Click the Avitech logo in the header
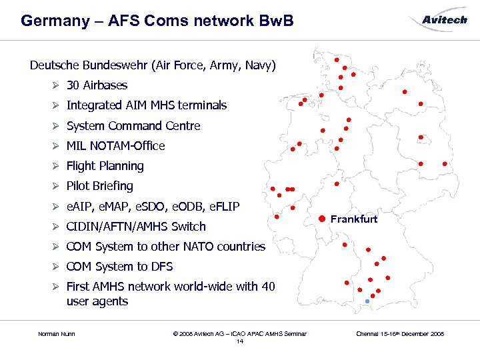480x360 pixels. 445,20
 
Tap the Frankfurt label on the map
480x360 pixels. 353,219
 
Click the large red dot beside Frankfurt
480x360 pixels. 321,218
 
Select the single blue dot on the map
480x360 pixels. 367,303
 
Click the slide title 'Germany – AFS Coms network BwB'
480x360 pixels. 157,21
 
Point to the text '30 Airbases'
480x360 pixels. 97,85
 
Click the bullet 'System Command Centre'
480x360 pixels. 133,126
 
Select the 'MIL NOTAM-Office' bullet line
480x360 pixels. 115,146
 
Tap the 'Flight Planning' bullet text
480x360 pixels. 105,166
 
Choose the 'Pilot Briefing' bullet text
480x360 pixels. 99,186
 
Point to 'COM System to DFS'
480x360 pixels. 119,267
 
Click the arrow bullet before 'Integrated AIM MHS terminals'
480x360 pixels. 57,105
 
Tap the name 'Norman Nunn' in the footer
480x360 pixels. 57,333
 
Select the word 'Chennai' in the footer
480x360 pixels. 368,333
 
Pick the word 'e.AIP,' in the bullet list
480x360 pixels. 81,206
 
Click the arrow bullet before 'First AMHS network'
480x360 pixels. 57,287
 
